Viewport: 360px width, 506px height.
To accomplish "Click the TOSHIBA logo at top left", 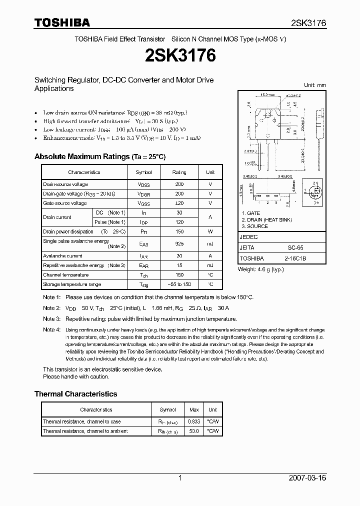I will [x=62, y=22].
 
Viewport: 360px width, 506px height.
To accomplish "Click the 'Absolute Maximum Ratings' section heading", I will [x=100, y=156].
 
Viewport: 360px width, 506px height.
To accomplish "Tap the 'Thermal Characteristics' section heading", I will [x=75, y=394].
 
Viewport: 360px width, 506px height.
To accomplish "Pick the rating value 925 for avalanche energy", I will [x=179, y=244].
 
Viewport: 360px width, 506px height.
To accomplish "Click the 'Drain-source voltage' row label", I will [x=65, y=184].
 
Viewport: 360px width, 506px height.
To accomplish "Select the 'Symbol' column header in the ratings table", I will [x=143, y=172].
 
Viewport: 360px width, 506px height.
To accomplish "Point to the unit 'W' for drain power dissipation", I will [x=210, y=232].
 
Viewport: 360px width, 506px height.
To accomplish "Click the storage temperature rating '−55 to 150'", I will [x=179, y=284].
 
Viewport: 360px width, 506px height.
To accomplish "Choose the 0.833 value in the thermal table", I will [x=193, y=421].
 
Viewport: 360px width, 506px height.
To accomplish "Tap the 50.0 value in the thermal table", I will [x=193, y=431].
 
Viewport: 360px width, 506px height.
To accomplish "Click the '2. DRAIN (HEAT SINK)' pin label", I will [x=266, y=220].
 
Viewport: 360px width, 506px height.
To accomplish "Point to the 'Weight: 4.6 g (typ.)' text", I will [x=261, y=269].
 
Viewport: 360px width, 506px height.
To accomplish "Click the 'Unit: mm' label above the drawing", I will [x=315, y=85].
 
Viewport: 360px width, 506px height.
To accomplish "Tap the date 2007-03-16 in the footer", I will [x=307, y=478].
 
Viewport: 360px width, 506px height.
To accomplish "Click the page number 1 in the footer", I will [x=179, y=478].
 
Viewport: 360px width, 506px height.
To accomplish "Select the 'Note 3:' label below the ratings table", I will [x=51, y=319].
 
